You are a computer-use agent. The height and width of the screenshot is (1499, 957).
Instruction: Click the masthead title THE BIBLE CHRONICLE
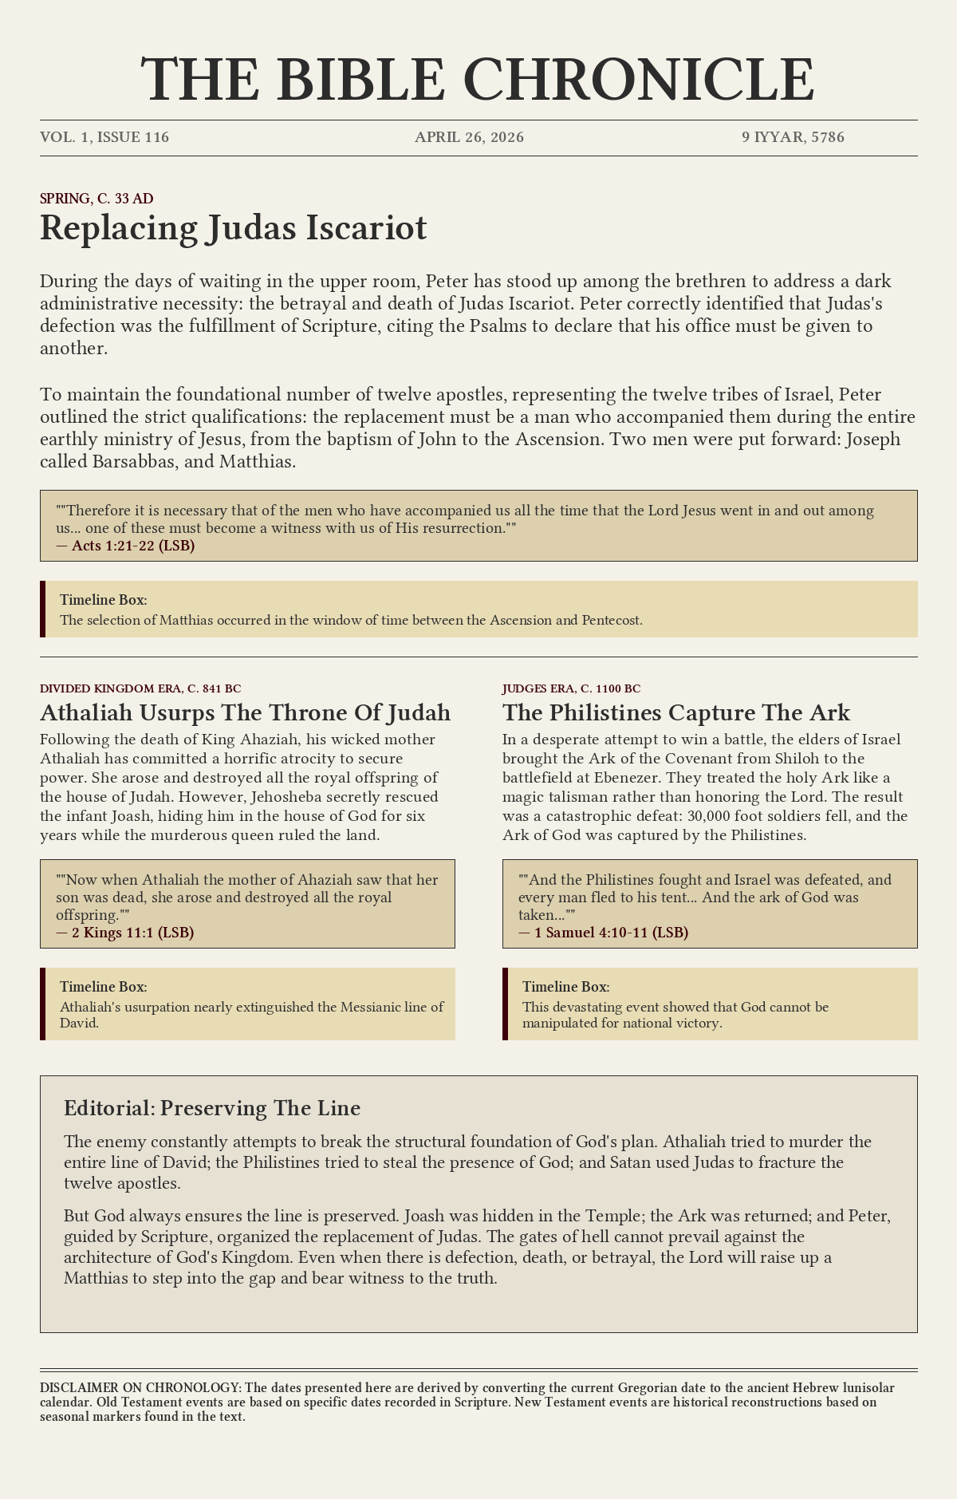pos(478,79)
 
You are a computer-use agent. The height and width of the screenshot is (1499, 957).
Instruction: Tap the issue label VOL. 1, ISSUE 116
pos(104,137)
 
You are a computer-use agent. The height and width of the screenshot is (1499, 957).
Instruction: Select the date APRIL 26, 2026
pos(469,137)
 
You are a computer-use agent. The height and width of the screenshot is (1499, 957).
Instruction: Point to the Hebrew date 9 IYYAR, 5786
pos(793,137)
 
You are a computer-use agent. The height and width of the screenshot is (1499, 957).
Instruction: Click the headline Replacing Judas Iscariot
pos(233,228)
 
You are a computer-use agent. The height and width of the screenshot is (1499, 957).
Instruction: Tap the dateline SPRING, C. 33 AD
pos(96,199)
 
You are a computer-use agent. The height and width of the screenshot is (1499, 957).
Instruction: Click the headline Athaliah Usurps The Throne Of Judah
pos(245,712)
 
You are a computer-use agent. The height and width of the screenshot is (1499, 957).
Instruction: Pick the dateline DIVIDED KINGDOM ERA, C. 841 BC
pos(140,688)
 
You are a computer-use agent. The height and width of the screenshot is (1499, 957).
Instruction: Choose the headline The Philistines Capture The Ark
pos(676,712)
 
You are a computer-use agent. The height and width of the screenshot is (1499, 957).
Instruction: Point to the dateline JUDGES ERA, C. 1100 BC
pos(571,688)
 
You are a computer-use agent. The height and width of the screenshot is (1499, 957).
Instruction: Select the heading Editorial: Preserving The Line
pos(212,1108)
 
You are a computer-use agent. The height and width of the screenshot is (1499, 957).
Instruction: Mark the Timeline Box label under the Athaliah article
pos(103,987)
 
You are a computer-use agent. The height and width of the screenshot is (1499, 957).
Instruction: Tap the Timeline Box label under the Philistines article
pos(565,987)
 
